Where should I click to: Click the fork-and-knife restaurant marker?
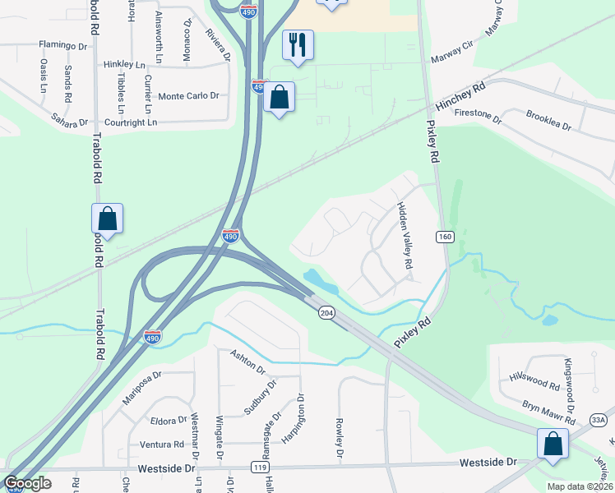click(298, 45)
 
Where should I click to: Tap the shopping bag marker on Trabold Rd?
click(107, 219)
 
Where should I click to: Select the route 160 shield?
click(445, 237)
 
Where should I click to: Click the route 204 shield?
click(326, 314)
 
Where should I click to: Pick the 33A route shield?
click(599, 420)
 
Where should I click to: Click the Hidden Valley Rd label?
click(404, 237)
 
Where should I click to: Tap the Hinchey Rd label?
click(461, 95)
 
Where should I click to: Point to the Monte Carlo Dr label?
click(188, 96)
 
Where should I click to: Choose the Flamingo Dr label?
click(62, 46)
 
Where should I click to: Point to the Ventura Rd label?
click(162, 445)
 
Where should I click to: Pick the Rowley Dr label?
click(339, 438)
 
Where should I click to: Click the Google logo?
click(27, 483)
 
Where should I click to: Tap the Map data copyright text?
click(579, 486)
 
